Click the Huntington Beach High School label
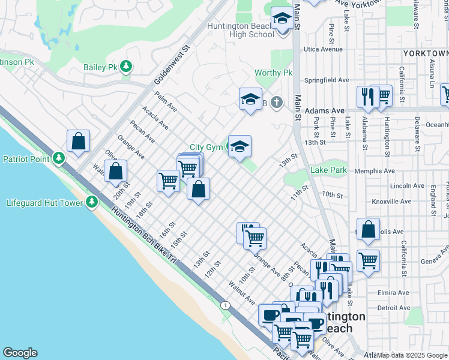[241, 30]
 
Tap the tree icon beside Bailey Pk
[126, 66]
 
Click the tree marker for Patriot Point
[58, 158]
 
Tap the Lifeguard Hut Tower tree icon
[91, 202]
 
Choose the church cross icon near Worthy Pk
[276, 103]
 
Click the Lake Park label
[328, 170]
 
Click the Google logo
[20, 353]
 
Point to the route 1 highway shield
[224, 305]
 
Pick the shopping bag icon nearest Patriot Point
[79, 142]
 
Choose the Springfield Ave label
[327, 80]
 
